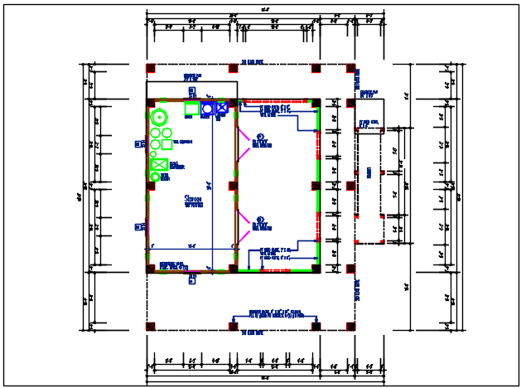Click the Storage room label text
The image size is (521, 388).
[x=195, y=200]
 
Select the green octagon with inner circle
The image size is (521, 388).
[x=157, y=116]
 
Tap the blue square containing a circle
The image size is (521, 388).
[x=207, y=108]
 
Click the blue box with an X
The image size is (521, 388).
[x=221, y=108]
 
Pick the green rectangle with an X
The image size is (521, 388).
[x=159, y=164]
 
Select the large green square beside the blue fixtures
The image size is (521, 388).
[x=191, y=109]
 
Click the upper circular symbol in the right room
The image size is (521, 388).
[x=259, y=137]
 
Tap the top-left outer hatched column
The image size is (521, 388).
[x=151, y=68]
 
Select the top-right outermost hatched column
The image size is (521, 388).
[x=351, y=68]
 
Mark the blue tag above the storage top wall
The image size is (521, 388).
[x=191, y=90]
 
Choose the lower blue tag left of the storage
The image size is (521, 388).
[x=137, y=226]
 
